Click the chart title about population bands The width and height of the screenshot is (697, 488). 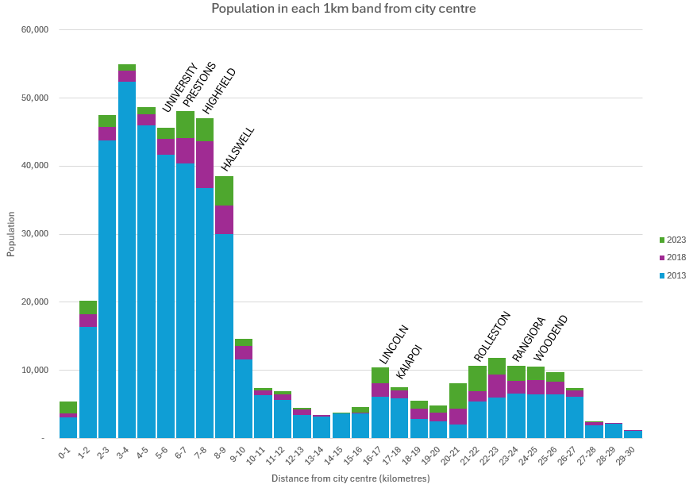343,9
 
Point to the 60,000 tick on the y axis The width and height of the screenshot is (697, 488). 36,30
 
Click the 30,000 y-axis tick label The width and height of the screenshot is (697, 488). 36,234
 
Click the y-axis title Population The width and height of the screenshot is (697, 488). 11,234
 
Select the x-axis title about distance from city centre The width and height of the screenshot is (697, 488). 350,478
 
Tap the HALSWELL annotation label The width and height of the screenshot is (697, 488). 238,149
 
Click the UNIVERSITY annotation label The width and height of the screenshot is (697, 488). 179,88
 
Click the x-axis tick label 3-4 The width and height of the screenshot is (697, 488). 123,453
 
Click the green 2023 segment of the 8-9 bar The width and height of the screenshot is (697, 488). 224,190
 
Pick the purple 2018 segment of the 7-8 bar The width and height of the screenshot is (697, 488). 205,164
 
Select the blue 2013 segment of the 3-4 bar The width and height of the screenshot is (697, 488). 126,262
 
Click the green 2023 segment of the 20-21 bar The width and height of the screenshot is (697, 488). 458,396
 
